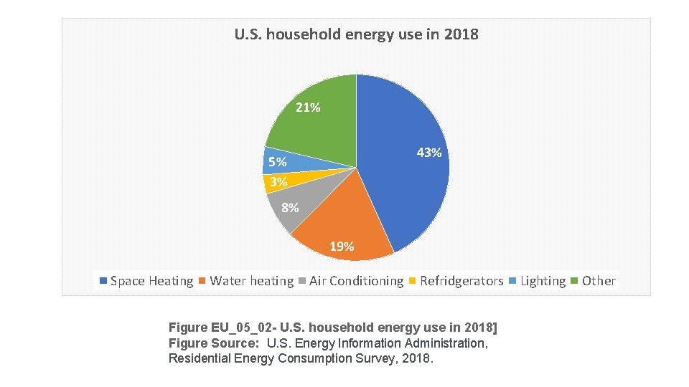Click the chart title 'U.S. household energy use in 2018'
click(x=356, y=34)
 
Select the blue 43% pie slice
click(x=409, y=179)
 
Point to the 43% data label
click(x=429, y=153)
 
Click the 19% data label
click(x=342, y=247)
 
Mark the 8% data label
click(x=290, y=209)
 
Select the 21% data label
click(x=308, y=108)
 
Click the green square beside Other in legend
click(x=575, y=281)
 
